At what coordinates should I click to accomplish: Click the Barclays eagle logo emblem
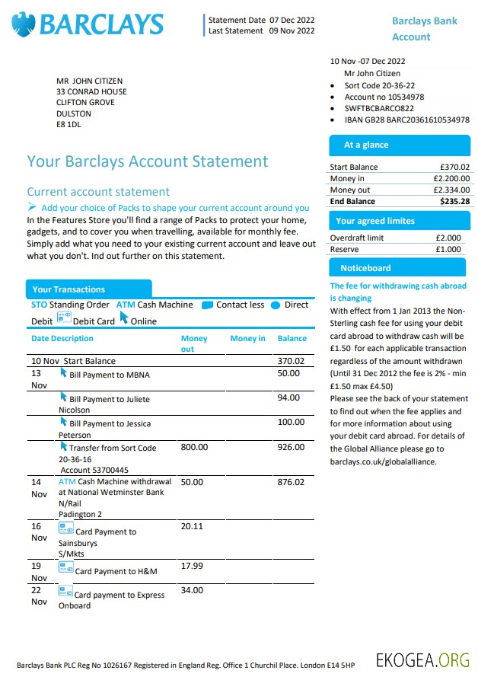tap(23, 24)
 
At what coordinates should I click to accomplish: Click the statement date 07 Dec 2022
tap(292, 20)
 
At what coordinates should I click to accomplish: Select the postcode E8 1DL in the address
tap(68, 125)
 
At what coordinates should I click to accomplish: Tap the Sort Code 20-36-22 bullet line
tap(379, 85)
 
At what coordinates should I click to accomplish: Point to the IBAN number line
tap(406, 120)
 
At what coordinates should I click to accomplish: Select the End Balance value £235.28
tap(454, 201)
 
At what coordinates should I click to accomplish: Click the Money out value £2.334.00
tap(451, 190)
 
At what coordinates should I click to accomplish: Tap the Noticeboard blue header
tap(365, 268)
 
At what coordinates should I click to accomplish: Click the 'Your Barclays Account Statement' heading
tap(148, 161)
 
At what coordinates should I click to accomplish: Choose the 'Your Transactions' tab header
tap(69, 289)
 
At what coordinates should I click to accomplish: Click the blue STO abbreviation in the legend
tap(39, 305)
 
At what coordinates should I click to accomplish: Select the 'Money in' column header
tap(247, 338)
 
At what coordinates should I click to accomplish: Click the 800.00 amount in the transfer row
tap(194, 448)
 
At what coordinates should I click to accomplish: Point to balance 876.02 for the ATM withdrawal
tap(291, 482)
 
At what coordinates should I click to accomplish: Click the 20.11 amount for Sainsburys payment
tap(192, 526)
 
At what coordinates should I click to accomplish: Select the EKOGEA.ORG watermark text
tap(422, 659)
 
